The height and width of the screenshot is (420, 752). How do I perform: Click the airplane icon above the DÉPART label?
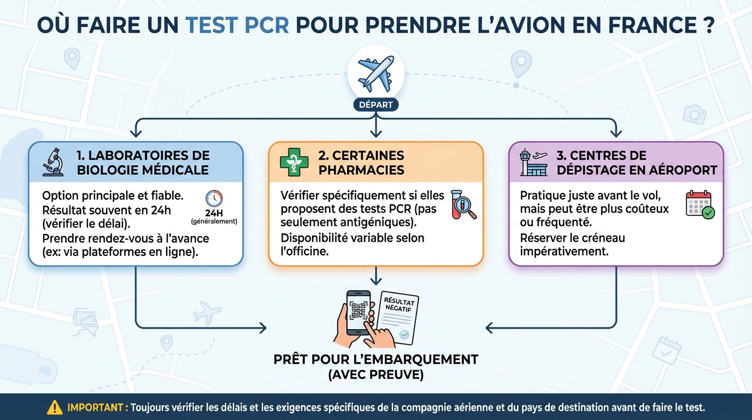click(x=375, y=73)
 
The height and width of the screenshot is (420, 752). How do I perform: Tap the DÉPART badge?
click(x=376, y=105)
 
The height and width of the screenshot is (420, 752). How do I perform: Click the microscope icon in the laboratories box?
click(x=54, y=162)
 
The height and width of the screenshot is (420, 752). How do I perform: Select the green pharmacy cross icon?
click(x=294, y=162)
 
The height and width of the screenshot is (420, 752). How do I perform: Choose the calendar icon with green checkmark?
click(x=700, y=205)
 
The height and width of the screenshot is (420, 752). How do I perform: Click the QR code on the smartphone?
click(x=359, y=310)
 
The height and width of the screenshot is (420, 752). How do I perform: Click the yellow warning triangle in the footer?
click(x=55, y=407)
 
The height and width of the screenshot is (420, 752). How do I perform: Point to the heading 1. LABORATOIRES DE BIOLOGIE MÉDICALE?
click(x=143, y=162)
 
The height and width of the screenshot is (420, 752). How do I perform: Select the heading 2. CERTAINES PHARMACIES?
click(x=361, y=162)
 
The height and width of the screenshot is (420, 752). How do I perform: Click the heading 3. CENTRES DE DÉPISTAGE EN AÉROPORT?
click(x=636, y=162)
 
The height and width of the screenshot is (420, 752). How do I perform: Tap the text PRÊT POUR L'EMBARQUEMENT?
click(x=376, y=359)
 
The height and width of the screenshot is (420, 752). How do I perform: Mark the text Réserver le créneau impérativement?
click(x=572, y=244)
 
